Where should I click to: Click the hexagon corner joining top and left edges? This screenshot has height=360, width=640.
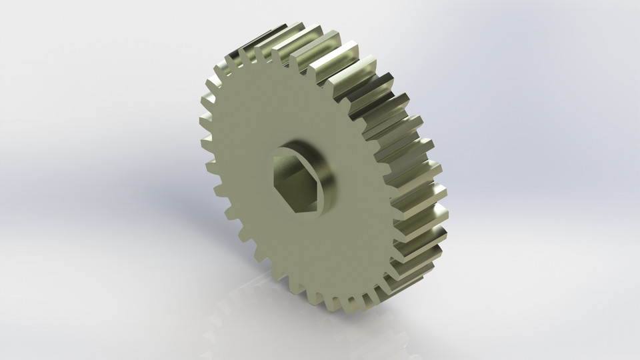pyautogui.click(x=274, y=158)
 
